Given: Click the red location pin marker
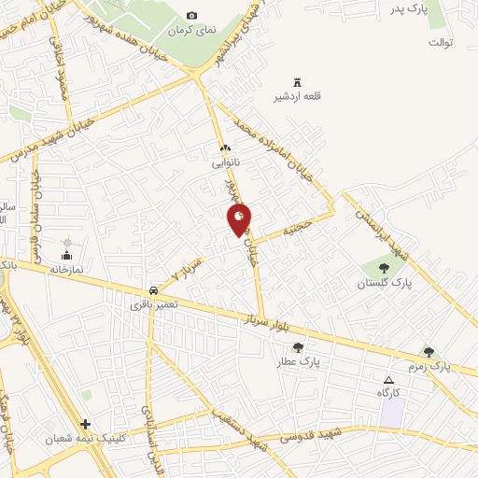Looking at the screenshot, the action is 240,220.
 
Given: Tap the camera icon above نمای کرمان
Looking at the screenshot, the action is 192,16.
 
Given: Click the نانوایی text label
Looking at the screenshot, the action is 223,163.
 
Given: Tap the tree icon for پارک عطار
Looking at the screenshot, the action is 298,347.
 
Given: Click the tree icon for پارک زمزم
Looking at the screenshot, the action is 429,352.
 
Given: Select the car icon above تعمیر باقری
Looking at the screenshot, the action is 152,290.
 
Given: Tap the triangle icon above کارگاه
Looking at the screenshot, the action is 390,380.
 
